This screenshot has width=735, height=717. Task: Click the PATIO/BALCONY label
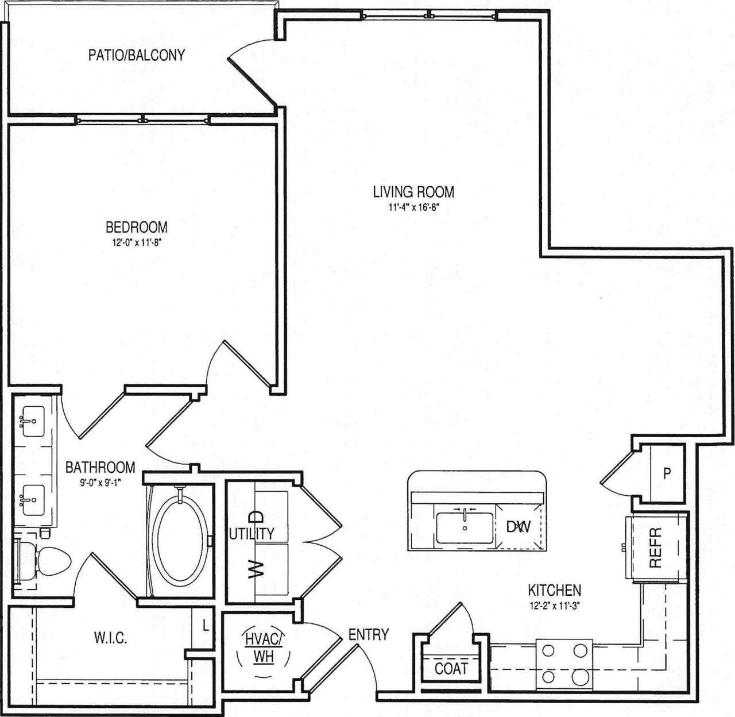click(x=136, y=55)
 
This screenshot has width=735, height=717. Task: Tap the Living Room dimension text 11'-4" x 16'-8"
click(x=413, y=208)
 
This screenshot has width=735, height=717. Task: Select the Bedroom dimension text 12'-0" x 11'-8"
click(x=136, y=243)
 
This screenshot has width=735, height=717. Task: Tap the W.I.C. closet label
click(x=110, y=638)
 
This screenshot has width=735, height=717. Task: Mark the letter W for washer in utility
click(x=256, y=569)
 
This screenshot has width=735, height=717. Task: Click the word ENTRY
click(x=368, y=634)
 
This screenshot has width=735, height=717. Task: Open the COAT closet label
click(x=451, y=669)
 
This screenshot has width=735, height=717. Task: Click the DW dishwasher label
click(x=518, y=526)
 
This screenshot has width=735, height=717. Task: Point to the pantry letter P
click(x=667, y=474)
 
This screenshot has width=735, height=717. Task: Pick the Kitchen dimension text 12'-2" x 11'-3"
click(x=554, y=605)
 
